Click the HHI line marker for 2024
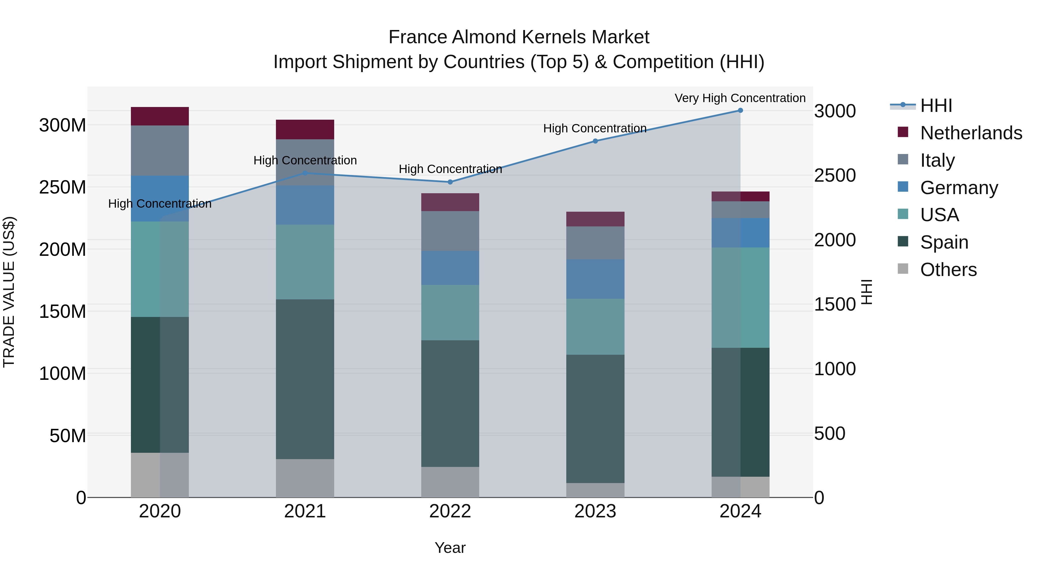pos(740,110)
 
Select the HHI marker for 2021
pos(305,173)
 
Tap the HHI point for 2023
pos(595,141)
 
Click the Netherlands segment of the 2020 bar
pos(160,116)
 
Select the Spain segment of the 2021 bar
pos(305,379)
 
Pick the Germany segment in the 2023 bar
pos(595,279)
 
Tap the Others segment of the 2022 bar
pos(450,482)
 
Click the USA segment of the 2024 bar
pos(740,297)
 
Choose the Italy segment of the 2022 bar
pos(450,231)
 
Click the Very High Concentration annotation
pos(740,98)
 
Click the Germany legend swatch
pos(903,187)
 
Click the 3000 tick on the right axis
pos(835,111)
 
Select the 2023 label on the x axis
pos(595,511)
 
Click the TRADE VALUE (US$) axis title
pos(9,292)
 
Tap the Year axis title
pos(450,548)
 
